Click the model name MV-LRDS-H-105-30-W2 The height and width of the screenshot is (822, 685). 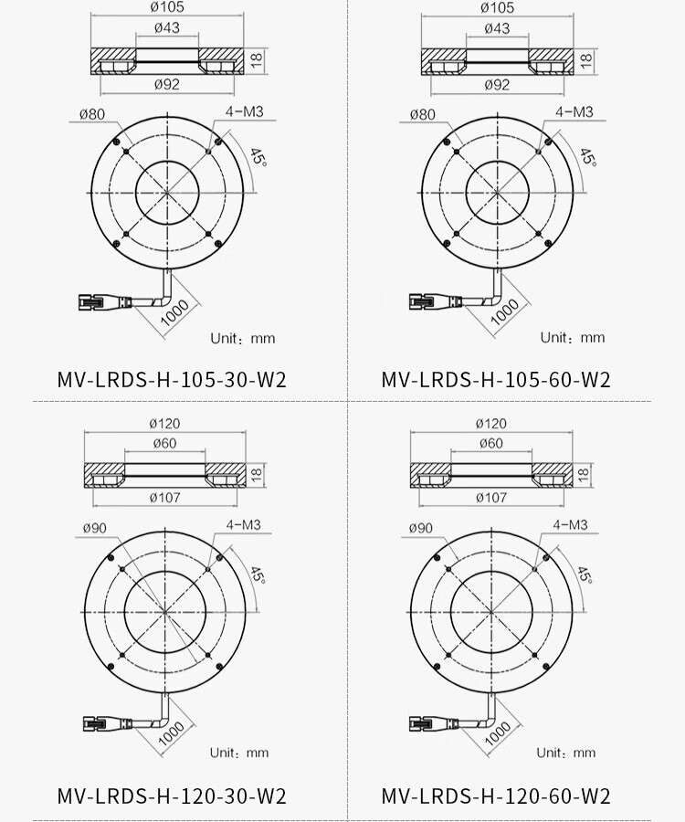172,380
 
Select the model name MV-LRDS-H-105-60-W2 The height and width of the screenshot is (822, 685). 496,380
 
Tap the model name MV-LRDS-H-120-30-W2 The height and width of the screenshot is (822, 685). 172,796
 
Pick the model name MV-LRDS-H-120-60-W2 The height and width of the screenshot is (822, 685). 496,796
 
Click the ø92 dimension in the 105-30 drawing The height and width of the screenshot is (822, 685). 167,84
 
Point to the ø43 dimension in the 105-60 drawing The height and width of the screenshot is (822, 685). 497,27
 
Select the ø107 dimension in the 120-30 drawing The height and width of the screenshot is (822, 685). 165,497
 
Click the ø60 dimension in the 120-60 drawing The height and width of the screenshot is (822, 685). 491,443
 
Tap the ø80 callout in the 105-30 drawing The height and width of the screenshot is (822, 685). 92,114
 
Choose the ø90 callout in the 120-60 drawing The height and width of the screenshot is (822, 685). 421,528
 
